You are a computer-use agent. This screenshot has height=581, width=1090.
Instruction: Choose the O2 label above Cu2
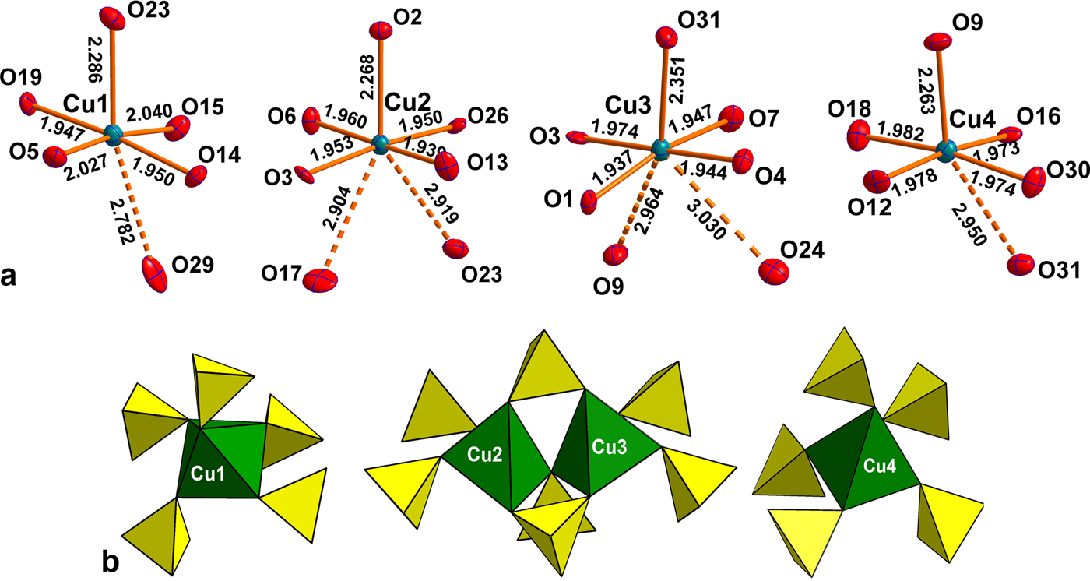[x=408, y=15]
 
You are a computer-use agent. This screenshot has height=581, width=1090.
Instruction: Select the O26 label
[x=489, y=117]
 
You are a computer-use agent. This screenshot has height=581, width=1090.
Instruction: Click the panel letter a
[x=11, y=274]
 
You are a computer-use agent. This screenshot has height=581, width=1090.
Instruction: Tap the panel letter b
[x=111, y=559]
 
